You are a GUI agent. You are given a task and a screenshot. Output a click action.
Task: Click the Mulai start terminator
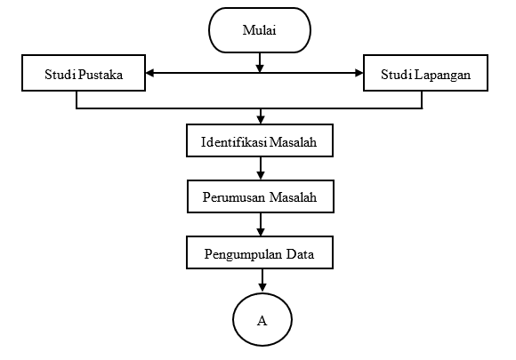pos(259,30)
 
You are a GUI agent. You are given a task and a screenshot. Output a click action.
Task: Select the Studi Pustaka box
pos(84,73)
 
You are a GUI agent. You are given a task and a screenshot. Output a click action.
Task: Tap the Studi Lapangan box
pos(425,73)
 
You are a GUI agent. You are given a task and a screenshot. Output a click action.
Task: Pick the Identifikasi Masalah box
pos(260,140)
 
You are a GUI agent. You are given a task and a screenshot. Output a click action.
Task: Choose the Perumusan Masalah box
pos(261,196)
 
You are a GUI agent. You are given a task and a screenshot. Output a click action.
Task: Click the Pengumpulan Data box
pos(260,252)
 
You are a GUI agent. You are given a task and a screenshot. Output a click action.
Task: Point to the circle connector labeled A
pos(262,319)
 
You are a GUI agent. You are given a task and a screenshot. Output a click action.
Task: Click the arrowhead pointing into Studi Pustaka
pos(149,73)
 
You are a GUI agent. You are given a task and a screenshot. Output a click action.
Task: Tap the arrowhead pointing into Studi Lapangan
pos(359,73)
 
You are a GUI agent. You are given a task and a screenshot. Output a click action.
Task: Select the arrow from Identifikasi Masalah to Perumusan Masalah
pos(261,168)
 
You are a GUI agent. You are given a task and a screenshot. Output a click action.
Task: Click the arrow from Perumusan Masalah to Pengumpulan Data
pos(261,225)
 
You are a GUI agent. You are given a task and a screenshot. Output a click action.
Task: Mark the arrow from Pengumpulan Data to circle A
pos(262,280)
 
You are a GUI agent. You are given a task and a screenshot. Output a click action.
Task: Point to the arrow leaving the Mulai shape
pos(260,62)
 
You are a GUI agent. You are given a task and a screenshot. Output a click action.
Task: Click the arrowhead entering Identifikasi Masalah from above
pos(261,120)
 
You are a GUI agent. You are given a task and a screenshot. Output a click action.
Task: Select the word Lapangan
pos(442,76)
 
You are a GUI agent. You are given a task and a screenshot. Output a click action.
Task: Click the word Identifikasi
pos(234,141)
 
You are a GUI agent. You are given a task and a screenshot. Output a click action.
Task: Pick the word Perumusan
pos(234,197)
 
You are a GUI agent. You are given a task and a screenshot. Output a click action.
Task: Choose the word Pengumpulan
pos(243,254)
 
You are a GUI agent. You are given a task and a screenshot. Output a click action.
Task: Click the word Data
pos(300,254)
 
